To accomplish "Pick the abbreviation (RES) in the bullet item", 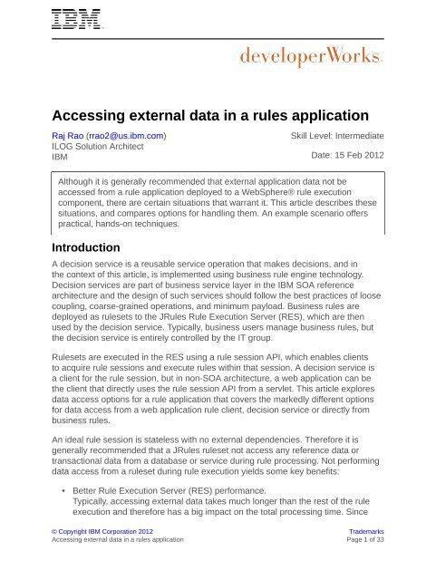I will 227,473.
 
